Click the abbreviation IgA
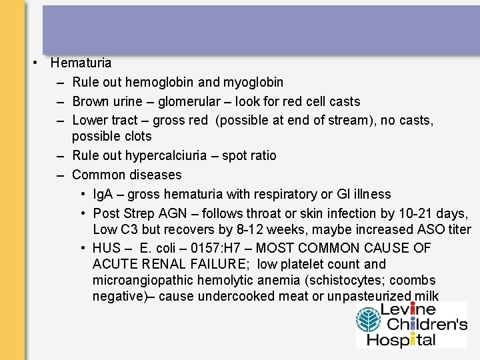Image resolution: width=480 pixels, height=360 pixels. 104,195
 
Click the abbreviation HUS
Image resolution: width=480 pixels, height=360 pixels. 107,248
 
